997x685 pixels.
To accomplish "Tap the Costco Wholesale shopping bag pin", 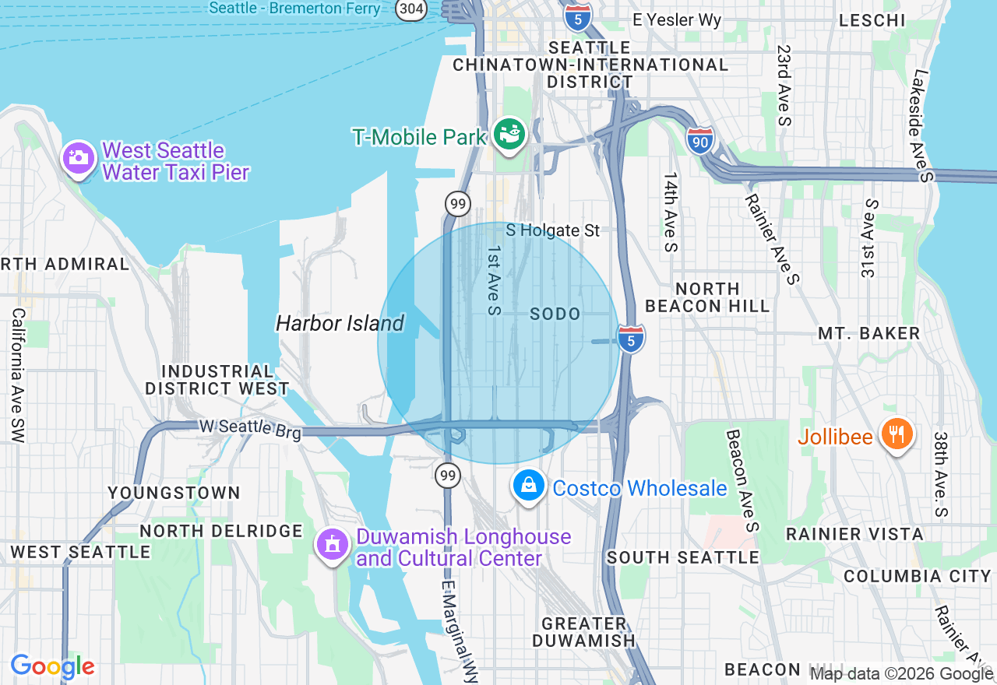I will pyautogui.click(x=529, y=486).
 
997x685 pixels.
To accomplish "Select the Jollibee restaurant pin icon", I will pyautogui.click(x=897, y=434).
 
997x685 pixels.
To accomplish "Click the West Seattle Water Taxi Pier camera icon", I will pyautogui.click(x=78, y=158).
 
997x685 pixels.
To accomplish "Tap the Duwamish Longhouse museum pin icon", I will pyautogui.click(x=333, y=544).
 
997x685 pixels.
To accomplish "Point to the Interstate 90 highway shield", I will pyautogui.click(x=701, y=140).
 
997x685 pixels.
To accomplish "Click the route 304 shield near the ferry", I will pyautogui.click(x=410, y=9).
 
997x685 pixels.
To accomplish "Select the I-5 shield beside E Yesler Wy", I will pyautogui.click(x=577, y=16).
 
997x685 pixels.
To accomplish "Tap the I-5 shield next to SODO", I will pyautogui.click(x=631, y=339).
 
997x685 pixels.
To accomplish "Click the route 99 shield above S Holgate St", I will pyautogui.click(x=458, y=204).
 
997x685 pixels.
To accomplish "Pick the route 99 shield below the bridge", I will pyautogui.click(x=447, y=474).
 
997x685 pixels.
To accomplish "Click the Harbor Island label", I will pyautogui.click(x=340, y=323).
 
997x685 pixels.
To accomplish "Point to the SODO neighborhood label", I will pyautogui.click(x=555, y=314).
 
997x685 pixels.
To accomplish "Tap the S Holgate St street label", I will pyautogui.click(x=553, y=230).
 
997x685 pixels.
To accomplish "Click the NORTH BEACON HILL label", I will pyautogui.click(x=707, y=297).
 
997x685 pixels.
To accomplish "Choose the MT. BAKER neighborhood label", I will pyautogui.click(x=868, y=333).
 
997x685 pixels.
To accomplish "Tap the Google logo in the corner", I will pyautogui.click(x=52, y=666).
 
